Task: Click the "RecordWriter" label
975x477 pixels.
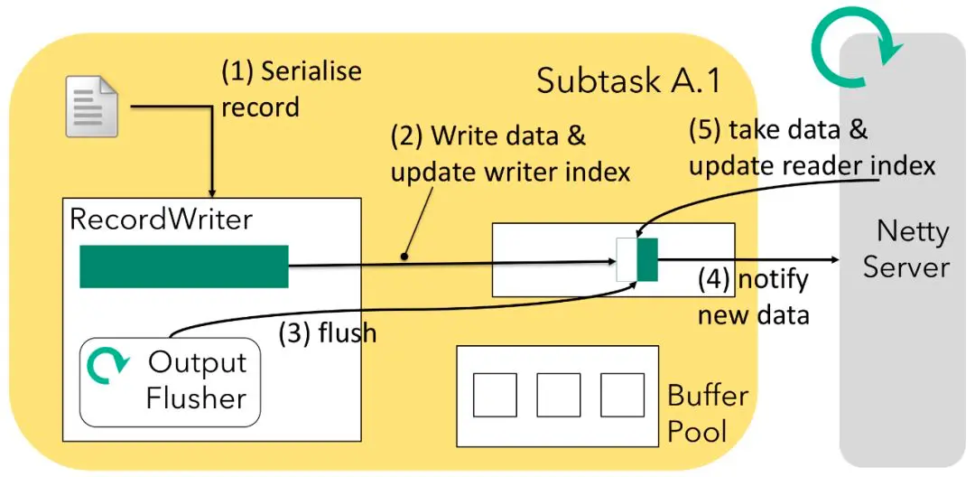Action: pos(162,220)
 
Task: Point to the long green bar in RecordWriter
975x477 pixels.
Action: pos(183,266)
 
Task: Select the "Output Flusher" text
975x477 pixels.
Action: pos(196,379)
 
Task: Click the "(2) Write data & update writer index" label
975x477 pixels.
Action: pos(510,154)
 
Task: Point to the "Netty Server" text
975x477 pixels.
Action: pos(905,249)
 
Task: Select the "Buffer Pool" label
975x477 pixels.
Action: pos(708,412)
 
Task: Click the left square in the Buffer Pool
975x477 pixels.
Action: pos(495,395)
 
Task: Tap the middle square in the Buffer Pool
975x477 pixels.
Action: pos(558,395)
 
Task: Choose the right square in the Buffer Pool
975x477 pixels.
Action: pos(622,395)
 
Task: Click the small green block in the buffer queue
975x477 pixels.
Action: pos(647,259)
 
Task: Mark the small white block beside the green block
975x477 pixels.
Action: pos(627,259)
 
